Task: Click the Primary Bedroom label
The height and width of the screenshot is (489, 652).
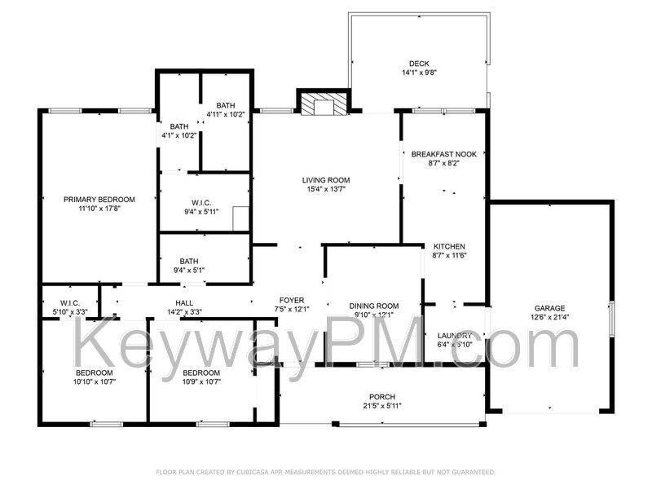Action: (99, 199)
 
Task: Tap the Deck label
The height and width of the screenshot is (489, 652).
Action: (419, 64)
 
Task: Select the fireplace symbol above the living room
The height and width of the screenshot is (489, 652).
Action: (324, 104)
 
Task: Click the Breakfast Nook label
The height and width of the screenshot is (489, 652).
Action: (443, 154)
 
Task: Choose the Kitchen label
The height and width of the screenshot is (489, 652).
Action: (448, 246)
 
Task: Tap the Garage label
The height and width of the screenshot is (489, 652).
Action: (549, 308)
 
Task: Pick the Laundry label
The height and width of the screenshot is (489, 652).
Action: (454, 335)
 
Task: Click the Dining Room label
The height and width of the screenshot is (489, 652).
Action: (373, 306)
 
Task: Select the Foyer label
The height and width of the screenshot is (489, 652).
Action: (292, 300)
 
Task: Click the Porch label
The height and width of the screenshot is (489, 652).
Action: (381, 397)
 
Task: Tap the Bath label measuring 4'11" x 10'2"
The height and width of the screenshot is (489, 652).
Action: (226, 105)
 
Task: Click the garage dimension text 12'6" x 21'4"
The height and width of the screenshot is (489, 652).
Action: (549, 317)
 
